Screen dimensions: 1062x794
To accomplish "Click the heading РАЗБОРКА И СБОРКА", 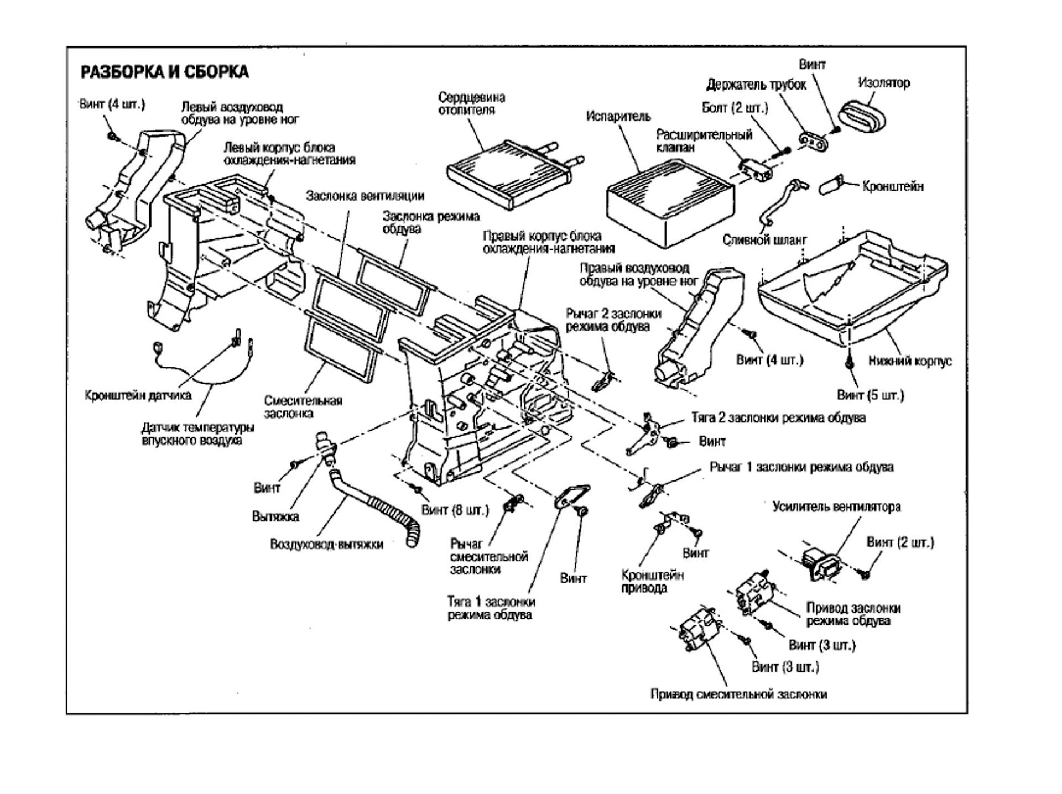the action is tap(164, 72).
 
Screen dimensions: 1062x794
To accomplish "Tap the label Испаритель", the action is tap(618, 117).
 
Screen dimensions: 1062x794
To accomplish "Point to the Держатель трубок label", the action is tap(756, 85).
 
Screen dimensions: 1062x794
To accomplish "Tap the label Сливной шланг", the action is tap(765, 240).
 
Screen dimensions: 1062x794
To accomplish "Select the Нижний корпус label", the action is tap(910, 361).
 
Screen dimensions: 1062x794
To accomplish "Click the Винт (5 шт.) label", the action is tap(870, 395).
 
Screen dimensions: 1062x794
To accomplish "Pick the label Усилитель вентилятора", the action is tap(836, 506).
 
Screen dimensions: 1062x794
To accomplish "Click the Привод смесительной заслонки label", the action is tap(739, 694).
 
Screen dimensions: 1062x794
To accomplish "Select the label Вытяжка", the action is tap(275, 516).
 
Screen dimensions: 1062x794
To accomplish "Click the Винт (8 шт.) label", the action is tap(455, 509).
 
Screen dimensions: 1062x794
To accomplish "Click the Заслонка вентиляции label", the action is tap(366, 196).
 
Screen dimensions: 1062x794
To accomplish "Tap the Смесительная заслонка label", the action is tap(303, 407).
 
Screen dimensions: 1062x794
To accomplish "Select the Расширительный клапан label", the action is tap(704, 141).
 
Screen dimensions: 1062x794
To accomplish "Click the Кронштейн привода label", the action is tap(653, 582).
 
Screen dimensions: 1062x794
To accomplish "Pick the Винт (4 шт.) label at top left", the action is tap(112, 104).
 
